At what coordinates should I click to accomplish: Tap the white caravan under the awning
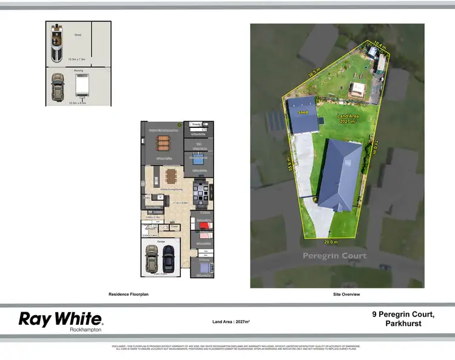point(83,87)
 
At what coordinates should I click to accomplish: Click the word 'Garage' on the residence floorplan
point(161,242)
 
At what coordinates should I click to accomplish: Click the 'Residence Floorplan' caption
point(128,294)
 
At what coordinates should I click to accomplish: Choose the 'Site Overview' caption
point(346,294)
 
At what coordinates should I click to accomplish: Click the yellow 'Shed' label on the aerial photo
point(303,113)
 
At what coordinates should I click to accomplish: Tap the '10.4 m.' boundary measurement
point(379,44)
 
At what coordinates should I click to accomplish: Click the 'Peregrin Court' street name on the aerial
point(335,256)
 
